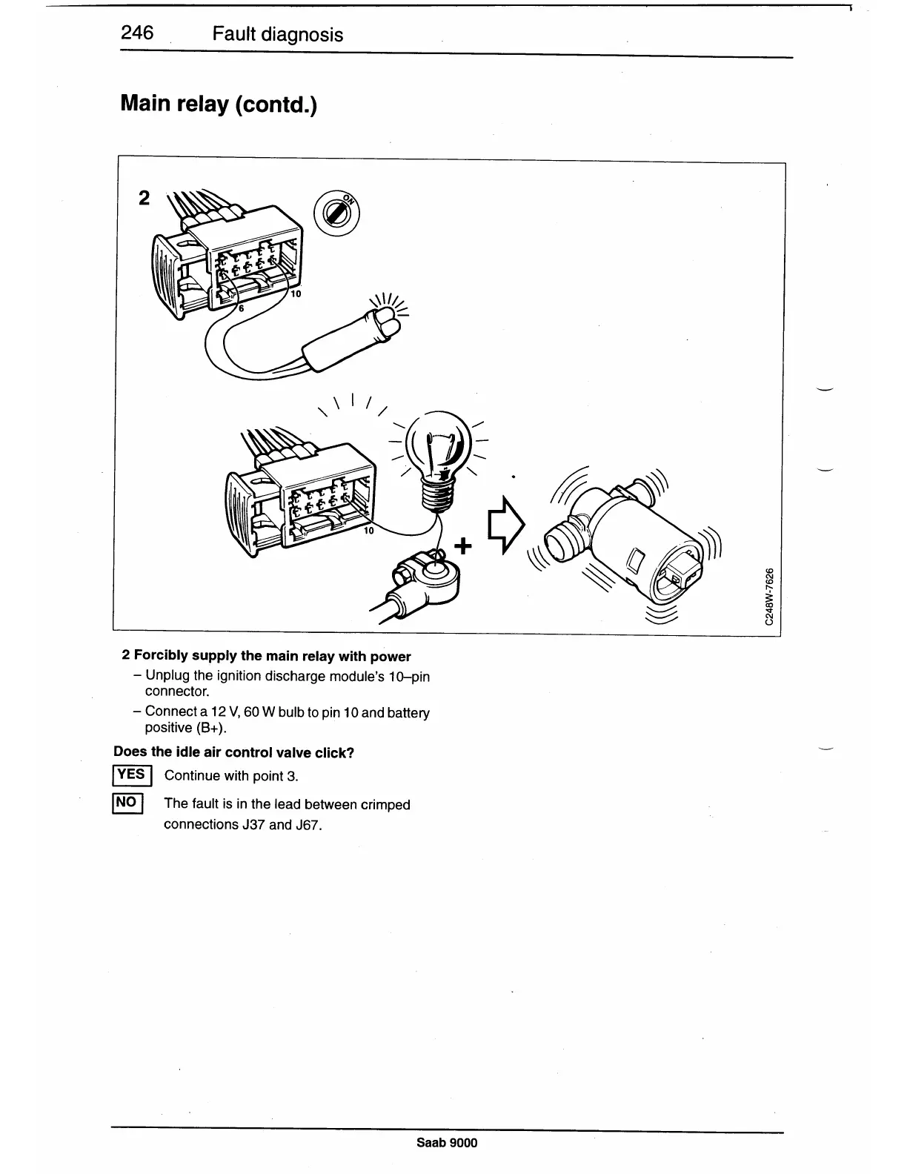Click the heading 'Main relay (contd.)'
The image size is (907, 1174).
coord(218,104)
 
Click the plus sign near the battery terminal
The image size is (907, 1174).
coord(463,546)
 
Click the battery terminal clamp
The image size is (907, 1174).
coord(428,576)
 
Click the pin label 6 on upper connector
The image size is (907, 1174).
coord(240,310)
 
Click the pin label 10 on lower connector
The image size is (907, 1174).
coord(369,531)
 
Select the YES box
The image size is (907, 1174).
coord(132,775)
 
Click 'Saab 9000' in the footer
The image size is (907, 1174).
coord(447,1142)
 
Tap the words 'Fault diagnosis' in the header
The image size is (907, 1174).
coord(277,34)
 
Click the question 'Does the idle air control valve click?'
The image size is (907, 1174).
coord(234,752)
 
